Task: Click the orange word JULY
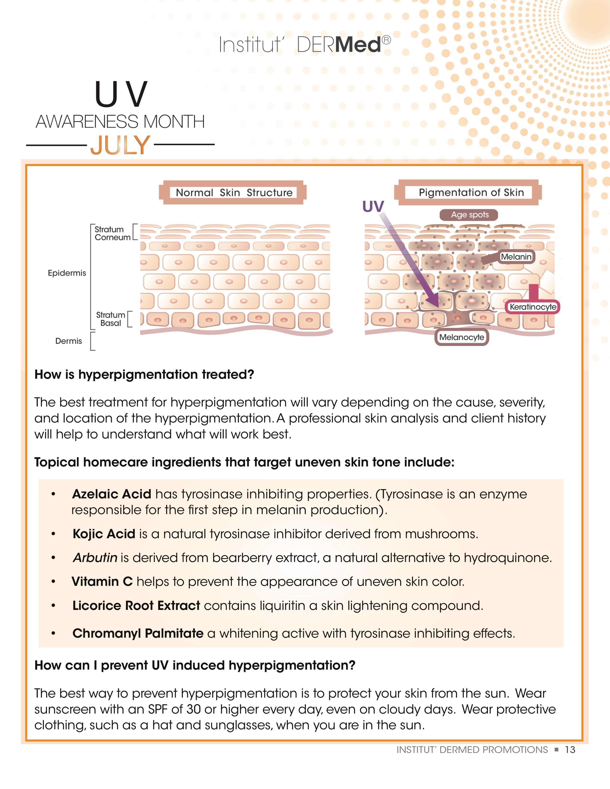click(x=120, y=145)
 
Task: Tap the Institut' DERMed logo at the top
click(x=305, y=45)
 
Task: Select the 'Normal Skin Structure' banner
click(x=234, y=192)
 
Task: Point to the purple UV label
click(x=373, y=207)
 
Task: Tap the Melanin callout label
click(x=516, y=257)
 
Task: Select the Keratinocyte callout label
click(x=533, y=307)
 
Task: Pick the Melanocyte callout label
click(x=461, y=337)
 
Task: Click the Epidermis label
click(x=67, y=273)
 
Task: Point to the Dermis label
click(x=68, y=341)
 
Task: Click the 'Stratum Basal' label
click(x=111, y=319)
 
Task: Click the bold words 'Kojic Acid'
click(x=104, y=534)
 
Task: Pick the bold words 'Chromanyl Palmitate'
click(x=138, y=633)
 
